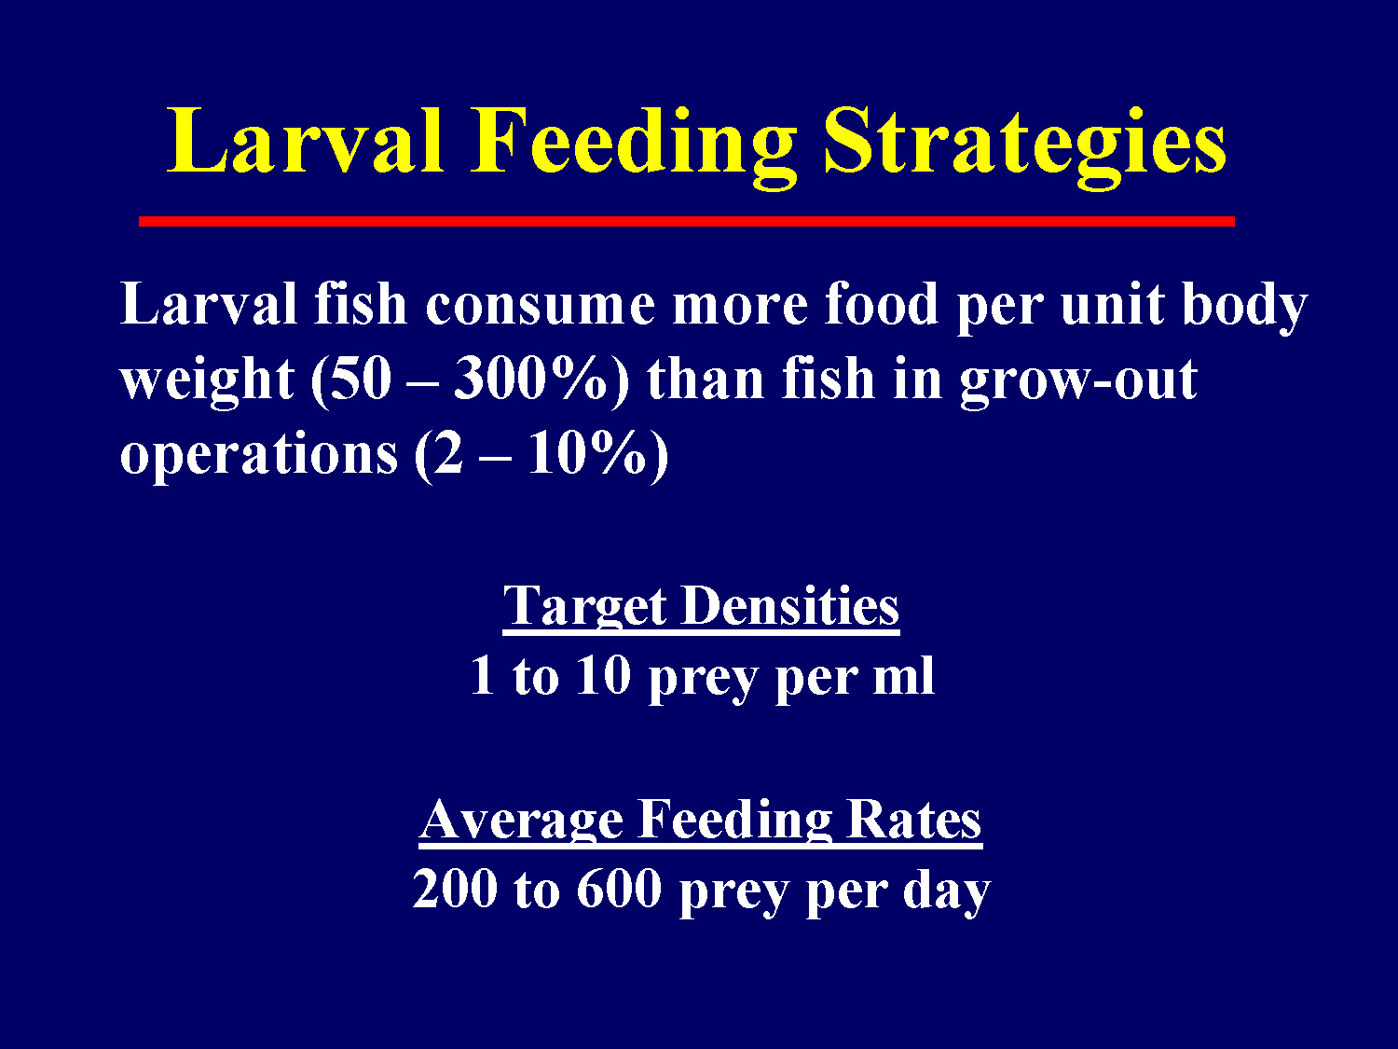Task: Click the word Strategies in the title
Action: [x=1024, y=143]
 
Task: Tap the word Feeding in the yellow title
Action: [x=633, y=143]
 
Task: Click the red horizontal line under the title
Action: [x=686, y=221]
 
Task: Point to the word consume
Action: [x=540, y=306]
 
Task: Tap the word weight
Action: [x=207, y=380]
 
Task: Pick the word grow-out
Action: [x=1077, y=380]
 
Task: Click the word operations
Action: [x=259, y=455]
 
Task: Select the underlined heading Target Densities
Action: [x=701, y=607]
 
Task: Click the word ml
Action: [x=903, y=676]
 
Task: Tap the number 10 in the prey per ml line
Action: [x=603, y=676]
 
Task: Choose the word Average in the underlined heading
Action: [x=521, y=821]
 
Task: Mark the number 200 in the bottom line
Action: [x=455, y=890]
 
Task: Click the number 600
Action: [x=618, y=890]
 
